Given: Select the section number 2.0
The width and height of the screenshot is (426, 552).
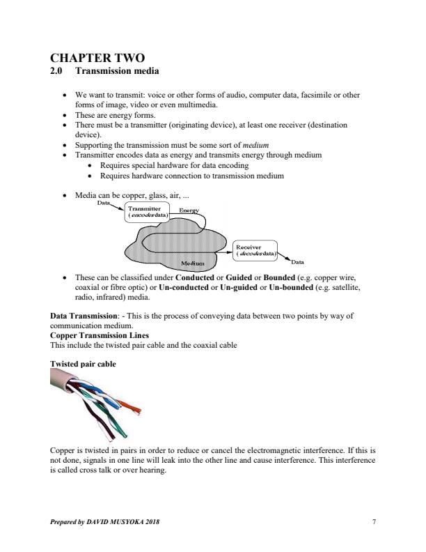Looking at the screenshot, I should tap(58, 71).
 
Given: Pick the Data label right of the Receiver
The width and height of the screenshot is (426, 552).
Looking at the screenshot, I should tap(297, 262).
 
